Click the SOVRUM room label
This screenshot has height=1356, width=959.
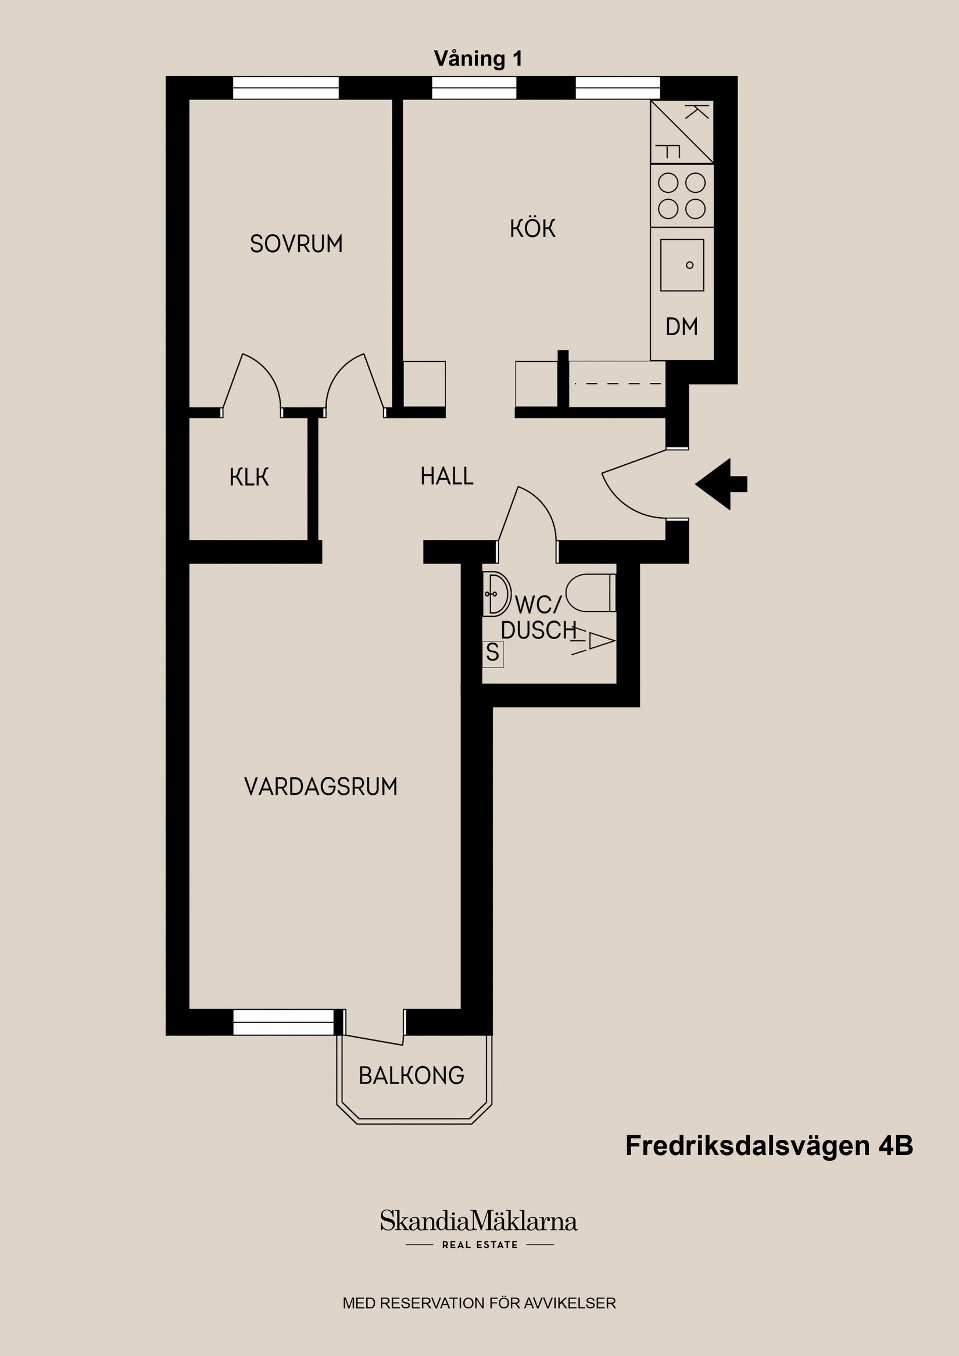tap(296, 244)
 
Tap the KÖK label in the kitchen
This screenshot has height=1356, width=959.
tap(532, 228)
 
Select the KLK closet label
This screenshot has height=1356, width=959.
tap(249, 477)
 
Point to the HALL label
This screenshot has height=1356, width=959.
tap(447, 476)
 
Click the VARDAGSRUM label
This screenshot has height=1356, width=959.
tap(320, 787)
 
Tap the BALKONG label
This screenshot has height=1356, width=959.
tap(411, 1075)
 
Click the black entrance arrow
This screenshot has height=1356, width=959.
tap(720, 485)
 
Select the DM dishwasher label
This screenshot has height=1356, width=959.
tap(681, 327)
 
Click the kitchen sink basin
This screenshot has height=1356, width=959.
tap(682, 265)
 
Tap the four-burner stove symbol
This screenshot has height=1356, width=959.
tap(682, 195)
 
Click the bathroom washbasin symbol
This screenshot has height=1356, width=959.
tap(497, 594)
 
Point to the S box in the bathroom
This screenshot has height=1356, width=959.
tap(492, 653)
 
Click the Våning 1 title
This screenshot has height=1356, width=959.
tap(478, 59)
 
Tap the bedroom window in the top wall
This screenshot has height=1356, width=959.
tap(285, 88)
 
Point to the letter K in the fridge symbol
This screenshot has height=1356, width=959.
tap(697, 112)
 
